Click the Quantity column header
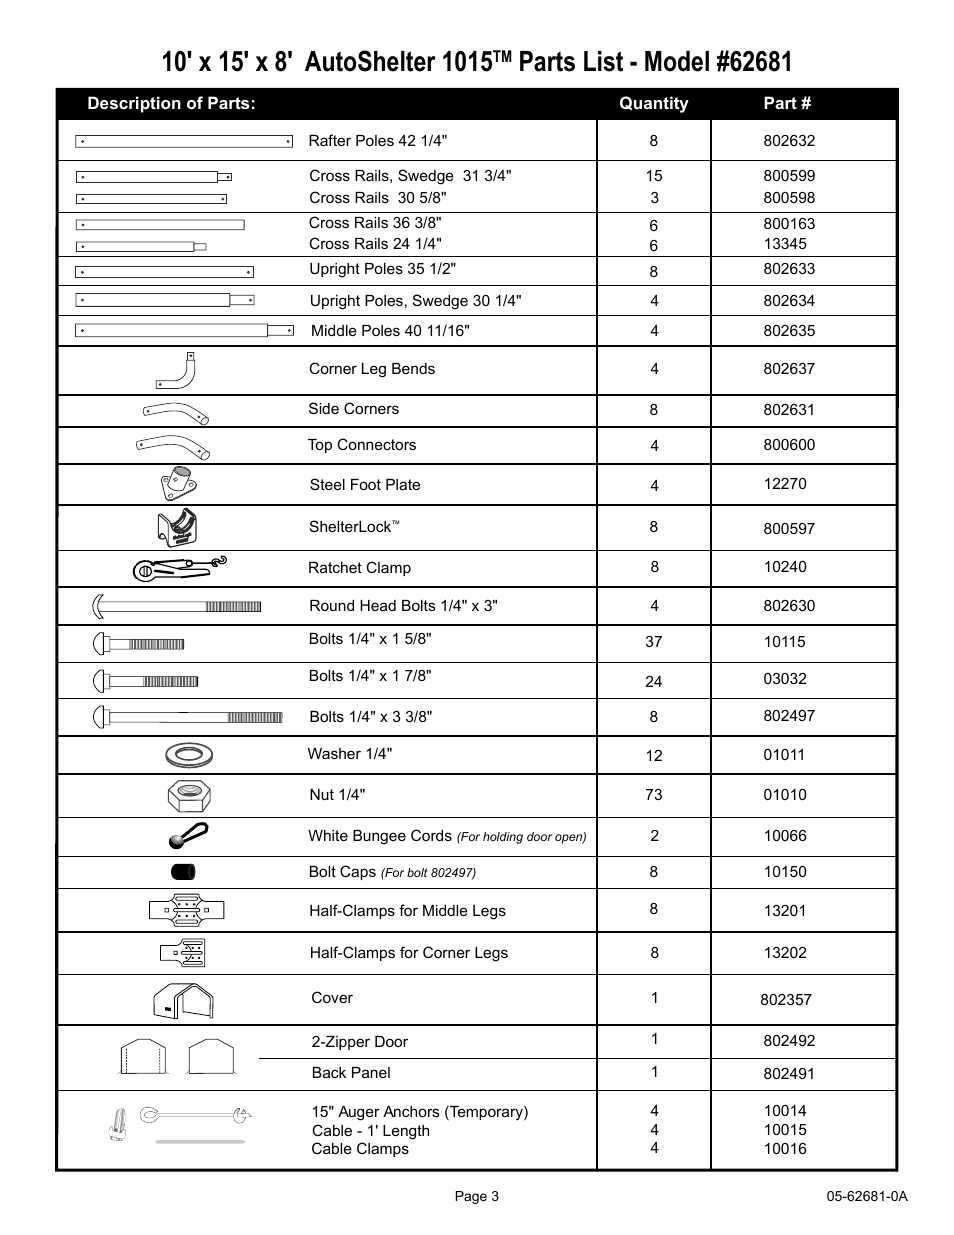(x=653, y=103)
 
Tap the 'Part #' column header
(x=787, y=103)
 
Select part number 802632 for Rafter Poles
(x=789, y=141)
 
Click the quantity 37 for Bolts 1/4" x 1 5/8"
(x=653, y=642)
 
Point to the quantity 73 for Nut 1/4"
(x=653, y=795)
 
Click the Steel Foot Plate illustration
(x=180, y=484)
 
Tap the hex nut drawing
(x=189, y=796)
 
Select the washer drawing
(x=189, y=755)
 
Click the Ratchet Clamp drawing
(x=180, y=568)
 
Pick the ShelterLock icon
(x=179, y=527)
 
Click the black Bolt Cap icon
(x=183, y=872)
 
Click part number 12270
(x=785, y=484)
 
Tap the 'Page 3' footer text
(x=477, y=1197)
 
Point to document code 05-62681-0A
(x=866, y=1197)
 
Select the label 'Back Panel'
(x=351, y=1073)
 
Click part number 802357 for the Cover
(x=786, y=999)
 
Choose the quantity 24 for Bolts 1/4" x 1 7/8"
(x=653, y=682)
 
